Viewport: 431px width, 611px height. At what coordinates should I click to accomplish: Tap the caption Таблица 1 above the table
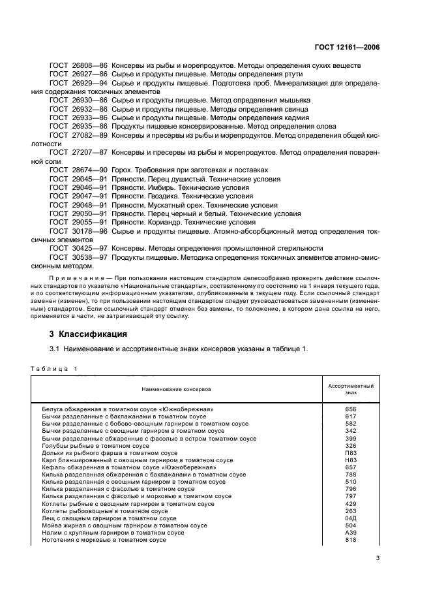pos(54,369)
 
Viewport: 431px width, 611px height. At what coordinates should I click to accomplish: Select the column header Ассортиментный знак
pos(351,389)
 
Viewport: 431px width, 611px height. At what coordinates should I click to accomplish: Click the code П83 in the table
pos(351,452)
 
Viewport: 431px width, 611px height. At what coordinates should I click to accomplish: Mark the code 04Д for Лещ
pos(351,518)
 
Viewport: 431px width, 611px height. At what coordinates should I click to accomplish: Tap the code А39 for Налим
pos(351,533)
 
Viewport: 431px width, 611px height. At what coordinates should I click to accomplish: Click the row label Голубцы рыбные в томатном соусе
pos(95,445)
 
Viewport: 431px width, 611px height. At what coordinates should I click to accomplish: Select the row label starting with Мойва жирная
pos(125,525)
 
